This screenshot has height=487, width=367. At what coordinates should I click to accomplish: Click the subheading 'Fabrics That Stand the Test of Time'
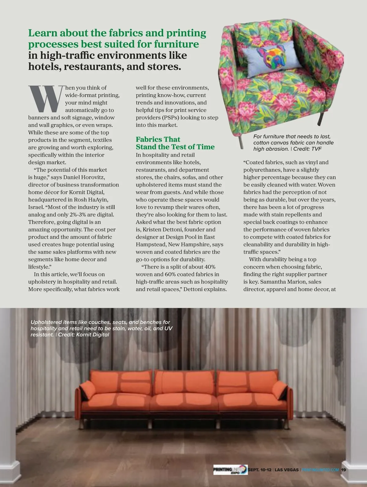[x=175, y=143]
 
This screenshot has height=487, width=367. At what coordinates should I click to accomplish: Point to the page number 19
[x=344, y=470]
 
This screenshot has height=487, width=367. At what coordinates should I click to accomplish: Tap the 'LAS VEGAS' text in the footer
[x=287, y=470]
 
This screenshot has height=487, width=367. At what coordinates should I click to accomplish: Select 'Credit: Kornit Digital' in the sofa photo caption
[x=83, y=334]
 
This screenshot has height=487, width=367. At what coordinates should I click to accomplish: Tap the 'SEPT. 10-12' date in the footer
[x=259, y=470]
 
